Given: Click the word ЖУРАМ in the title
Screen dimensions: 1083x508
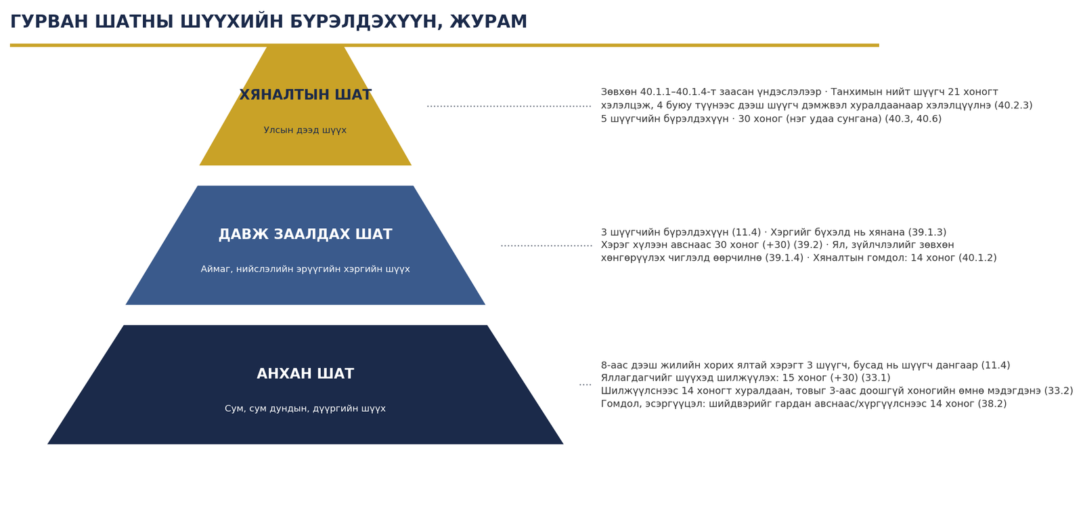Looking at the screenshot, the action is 488,22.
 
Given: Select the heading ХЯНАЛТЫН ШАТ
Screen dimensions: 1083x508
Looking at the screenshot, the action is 305,95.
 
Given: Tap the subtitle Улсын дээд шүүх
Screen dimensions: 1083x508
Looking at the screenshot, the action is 305,130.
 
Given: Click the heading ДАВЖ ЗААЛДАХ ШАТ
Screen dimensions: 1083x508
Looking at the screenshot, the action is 305,234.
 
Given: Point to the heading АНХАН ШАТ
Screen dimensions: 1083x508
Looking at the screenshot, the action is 305,373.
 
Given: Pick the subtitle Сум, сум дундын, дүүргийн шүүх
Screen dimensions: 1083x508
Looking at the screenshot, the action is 305,409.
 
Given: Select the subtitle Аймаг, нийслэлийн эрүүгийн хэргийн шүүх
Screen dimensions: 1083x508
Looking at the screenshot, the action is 305,269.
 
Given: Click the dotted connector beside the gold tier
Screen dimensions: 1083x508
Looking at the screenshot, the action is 509,106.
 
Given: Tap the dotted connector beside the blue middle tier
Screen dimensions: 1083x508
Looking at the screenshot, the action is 546,246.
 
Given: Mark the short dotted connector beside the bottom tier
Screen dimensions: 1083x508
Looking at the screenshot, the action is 585,385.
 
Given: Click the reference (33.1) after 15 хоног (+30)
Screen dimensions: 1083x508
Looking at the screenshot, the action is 876,378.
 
